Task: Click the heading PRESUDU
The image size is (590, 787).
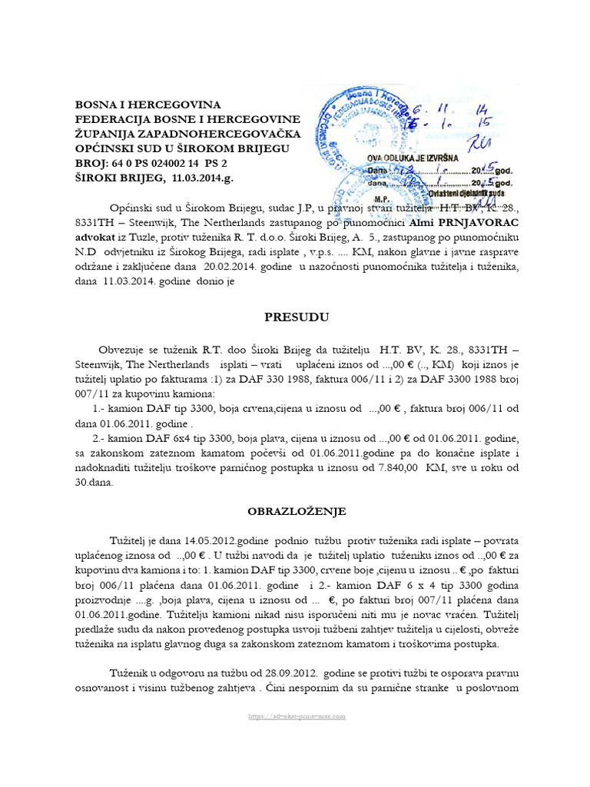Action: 286,316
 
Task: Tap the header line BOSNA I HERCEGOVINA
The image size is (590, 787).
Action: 147,105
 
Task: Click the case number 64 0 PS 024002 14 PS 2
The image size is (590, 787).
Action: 170,163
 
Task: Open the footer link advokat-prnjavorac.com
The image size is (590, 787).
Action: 296,716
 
